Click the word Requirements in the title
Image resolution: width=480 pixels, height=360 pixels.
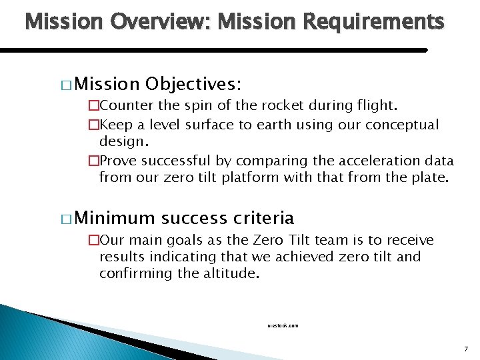(373, 23)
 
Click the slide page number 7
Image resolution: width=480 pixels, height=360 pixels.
(465, 349)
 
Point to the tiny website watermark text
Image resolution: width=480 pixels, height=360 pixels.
(283, 325)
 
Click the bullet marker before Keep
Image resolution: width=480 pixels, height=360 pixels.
(93, 125)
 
